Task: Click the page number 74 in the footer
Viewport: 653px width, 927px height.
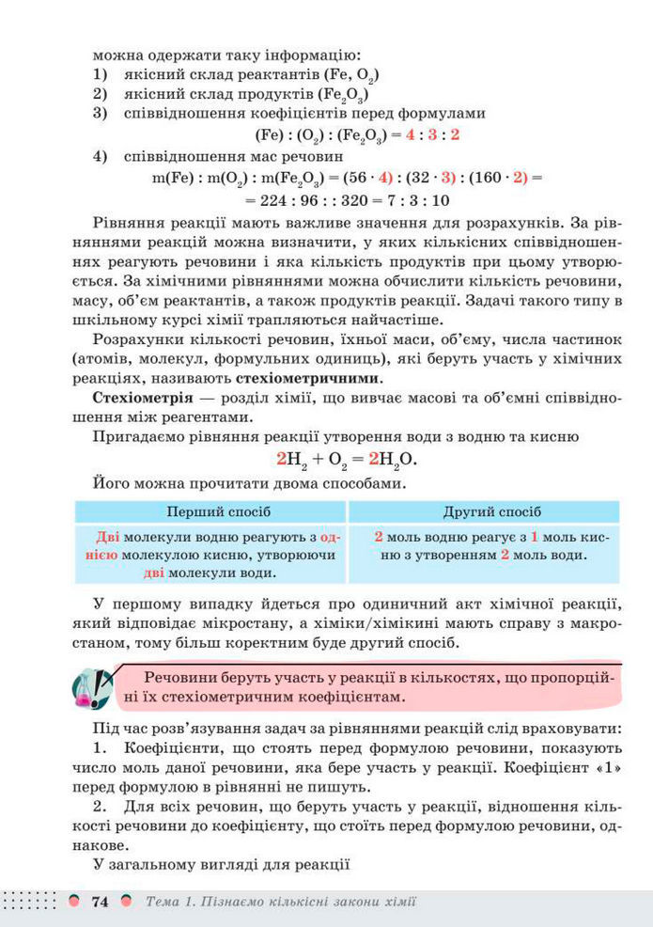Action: (x=100, y=903)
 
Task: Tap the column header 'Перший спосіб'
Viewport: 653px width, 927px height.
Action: (x=218, y=511)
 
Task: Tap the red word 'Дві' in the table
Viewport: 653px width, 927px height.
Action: (x=109, y=537)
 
